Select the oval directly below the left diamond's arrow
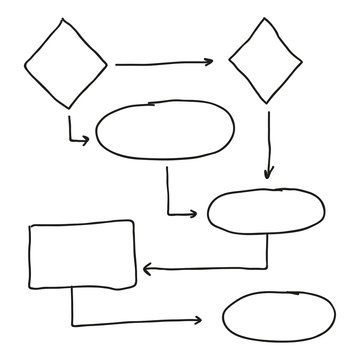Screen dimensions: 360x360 pyautogui.click(x=165, y=130)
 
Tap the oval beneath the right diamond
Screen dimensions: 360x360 pyautogui.click(x=266, y=211)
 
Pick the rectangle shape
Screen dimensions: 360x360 pyautogui.click(x=83, y=255)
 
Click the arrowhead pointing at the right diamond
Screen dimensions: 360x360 pyautogui.click(x=209, y=63)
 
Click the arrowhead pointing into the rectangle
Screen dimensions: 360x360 pyautogui.click(x=146, y=268)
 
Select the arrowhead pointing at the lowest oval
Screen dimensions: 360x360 pyautogui.click(x=198, y=322)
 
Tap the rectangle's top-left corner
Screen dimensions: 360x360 pyautogui.click(x=31, y=226)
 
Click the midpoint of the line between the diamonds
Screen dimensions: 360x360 pyautogui.click(x=163, y=64)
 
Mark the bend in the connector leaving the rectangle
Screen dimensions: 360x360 pyautogui.click(x=72, y=322)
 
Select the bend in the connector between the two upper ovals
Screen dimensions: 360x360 pyautogui.click(x=168, y=213)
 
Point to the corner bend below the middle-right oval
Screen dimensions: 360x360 pyautogui.click(x=267, y=268)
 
